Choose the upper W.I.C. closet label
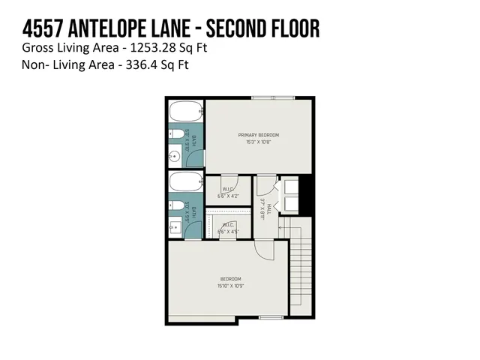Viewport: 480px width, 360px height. (x=229, y=189)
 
